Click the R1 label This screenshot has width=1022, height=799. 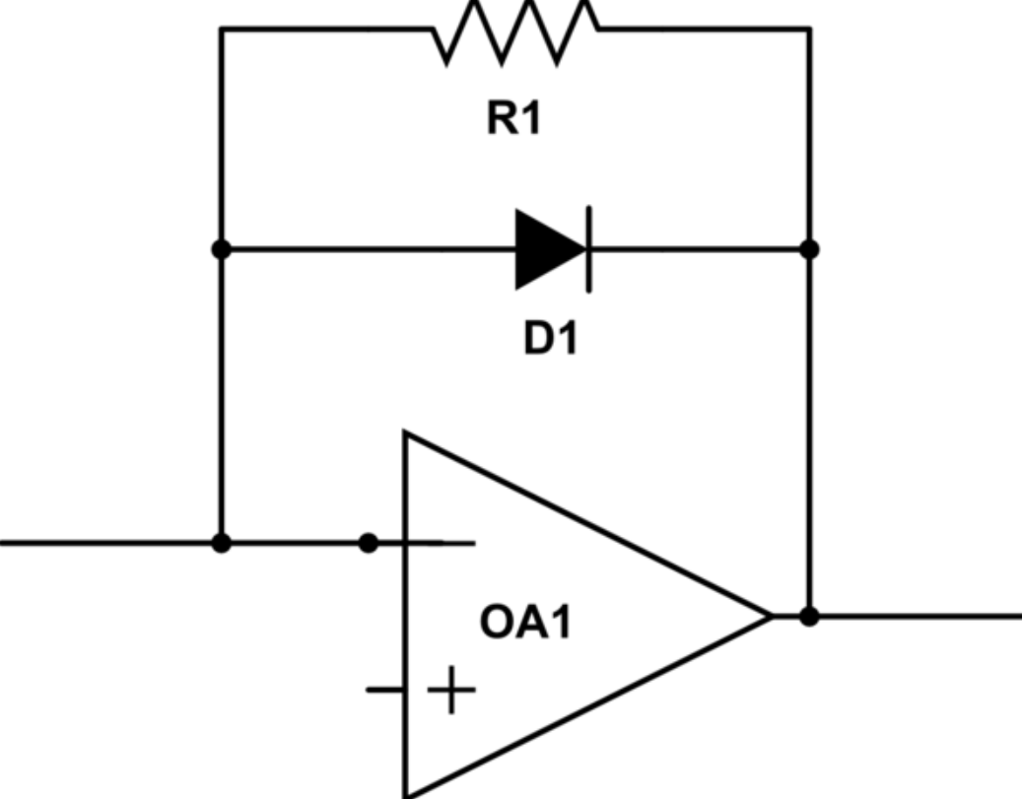pyautogui.click(x=513, y=118)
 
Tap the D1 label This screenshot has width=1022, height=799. pyautogui.click(x=551, y=339)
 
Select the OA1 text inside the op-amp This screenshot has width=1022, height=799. pyautogui.click(x=525, y=622)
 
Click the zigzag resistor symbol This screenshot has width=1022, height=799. pyautogui.click(x=514, y=32)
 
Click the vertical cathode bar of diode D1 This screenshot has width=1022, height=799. pyautogui.click(x=589, y=249)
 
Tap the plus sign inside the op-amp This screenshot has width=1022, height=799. pyautogui.click(x=451, y=690)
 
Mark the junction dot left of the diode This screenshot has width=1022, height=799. pyautogui.click(x=222, y=249)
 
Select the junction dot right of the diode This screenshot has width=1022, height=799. pyautogui.click(x=809, y=249)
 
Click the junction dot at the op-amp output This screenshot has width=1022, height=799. pyautogui.click(x=809, y=616)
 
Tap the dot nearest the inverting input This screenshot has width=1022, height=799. pyautogui.click(x=369, y=543)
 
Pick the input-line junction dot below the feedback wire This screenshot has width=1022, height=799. pyautogui.click(x=222, y=543)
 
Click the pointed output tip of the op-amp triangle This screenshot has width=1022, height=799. pyautogui.click(x=773, y=616)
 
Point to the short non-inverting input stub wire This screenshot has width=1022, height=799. pyautogui.click(x=385, y=690)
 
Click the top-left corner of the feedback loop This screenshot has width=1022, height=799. pyautogui.click(x=222, y=29)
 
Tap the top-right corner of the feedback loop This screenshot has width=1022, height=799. pyautogui.click(x=809, y=29)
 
